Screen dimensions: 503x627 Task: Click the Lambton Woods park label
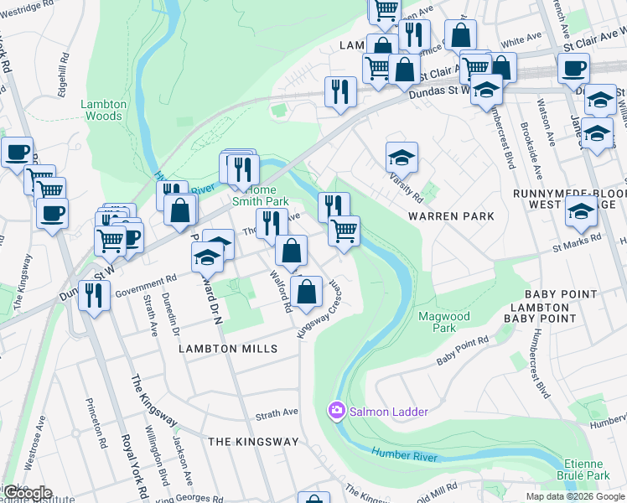pyautogui.click(x=104, y=110)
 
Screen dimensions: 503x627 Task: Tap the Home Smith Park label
pyautogui.click(x=265, y=195)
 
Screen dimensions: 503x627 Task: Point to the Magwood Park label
pyautogui.click(x=444, y=322)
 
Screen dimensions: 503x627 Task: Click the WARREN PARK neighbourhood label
pyautogui.click(x=450, y=216)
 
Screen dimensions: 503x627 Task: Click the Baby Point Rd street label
pyautogui.click(x=463, y=351)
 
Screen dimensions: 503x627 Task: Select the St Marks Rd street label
pyautogui.click(x=577, y=242)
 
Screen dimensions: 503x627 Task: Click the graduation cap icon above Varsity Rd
pyautogui.click(x=402, y=157)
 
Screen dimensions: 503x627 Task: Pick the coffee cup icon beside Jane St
pyautogui.click(x=573, y=68)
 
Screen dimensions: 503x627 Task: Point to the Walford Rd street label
pyautogui.click(x=280, y=290)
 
